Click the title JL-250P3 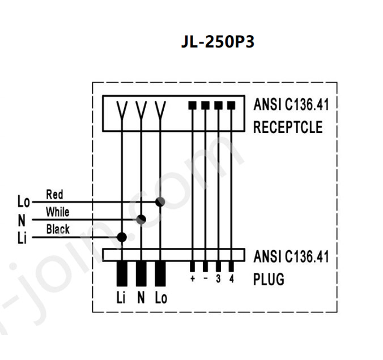click(218, 42)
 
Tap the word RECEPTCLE click(287, 127)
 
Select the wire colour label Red click(54, 195)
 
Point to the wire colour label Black click(58, 229)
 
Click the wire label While click(57, 212)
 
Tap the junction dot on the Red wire click(160, 202)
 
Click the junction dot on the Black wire click(121, 237)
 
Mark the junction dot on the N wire click(141, 219)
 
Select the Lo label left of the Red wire click(23, 202)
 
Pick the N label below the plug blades click(141, 298)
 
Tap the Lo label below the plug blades click(161, 298)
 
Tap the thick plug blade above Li click(121, 273)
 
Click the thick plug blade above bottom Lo click(160, 273)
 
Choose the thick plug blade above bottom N click(141, 273)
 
